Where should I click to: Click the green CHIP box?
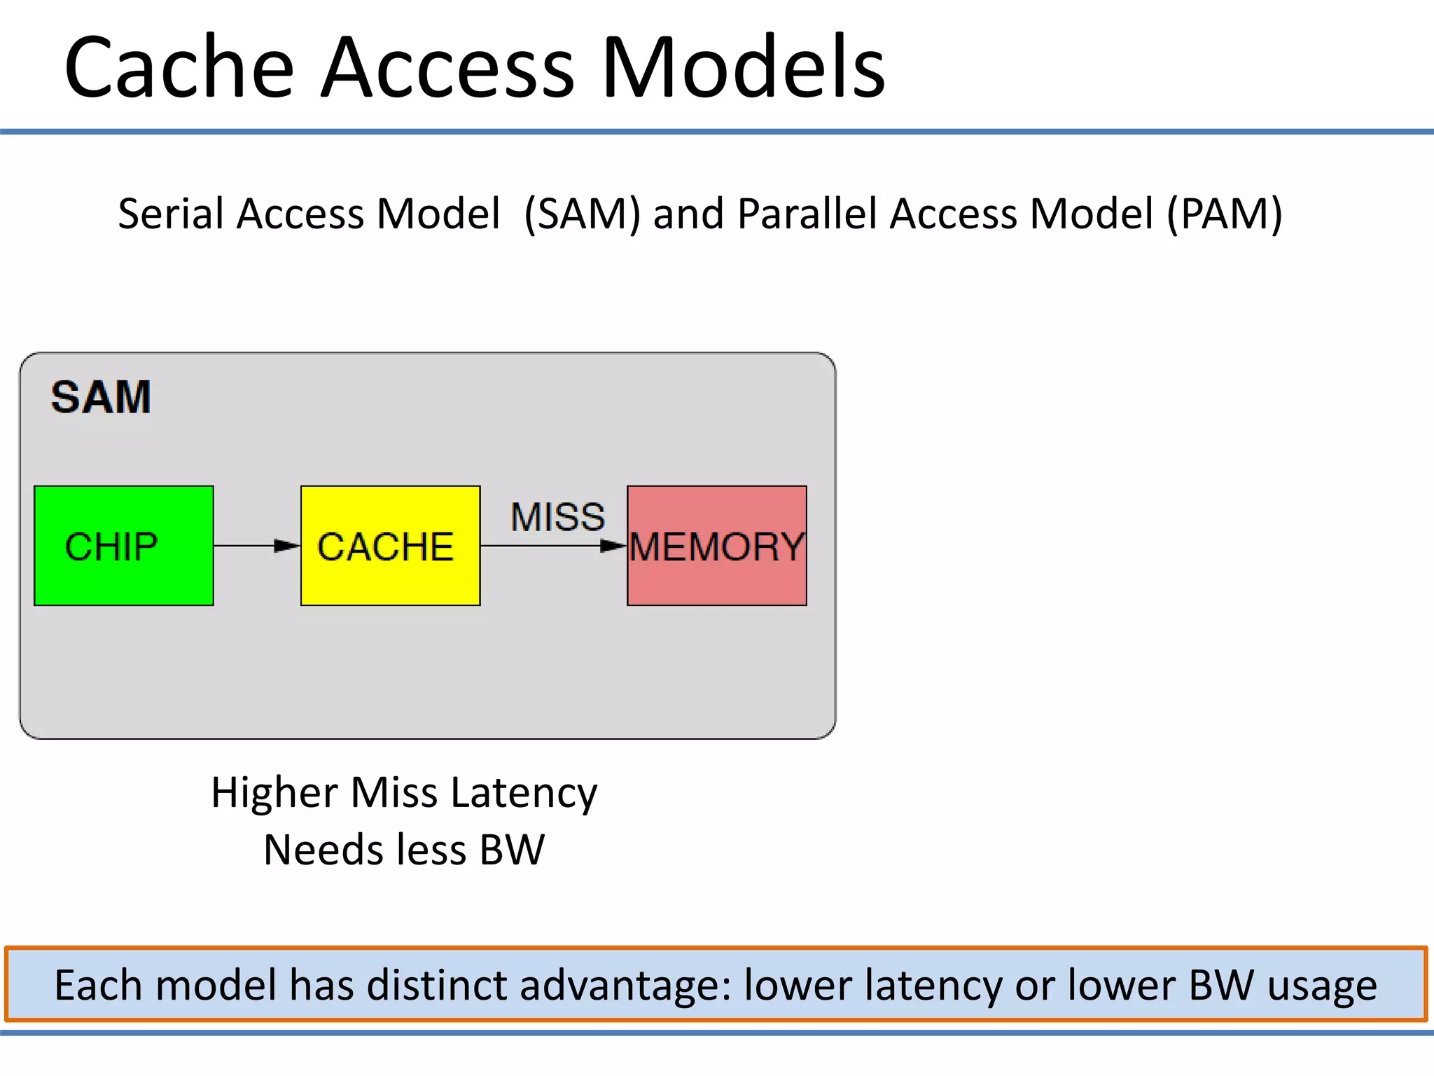point(124,546)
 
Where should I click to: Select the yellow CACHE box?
point(390,546)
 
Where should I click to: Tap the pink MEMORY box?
point(716,546)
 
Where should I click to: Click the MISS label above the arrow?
point(557,517)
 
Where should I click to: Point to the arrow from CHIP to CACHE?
point(257,545)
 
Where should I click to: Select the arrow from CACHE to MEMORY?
point(553,546)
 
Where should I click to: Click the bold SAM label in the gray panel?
point(101,397)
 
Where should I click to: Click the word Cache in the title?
point(179,68)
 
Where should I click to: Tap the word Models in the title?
point(744,68)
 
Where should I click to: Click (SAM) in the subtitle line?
point(582,214)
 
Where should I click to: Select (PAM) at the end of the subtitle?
point(1224,214)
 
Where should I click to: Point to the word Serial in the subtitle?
point(170,214)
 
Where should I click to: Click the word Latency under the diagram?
point(524,794)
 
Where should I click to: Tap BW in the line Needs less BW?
point(512,850)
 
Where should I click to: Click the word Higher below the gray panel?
point(274,794)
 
